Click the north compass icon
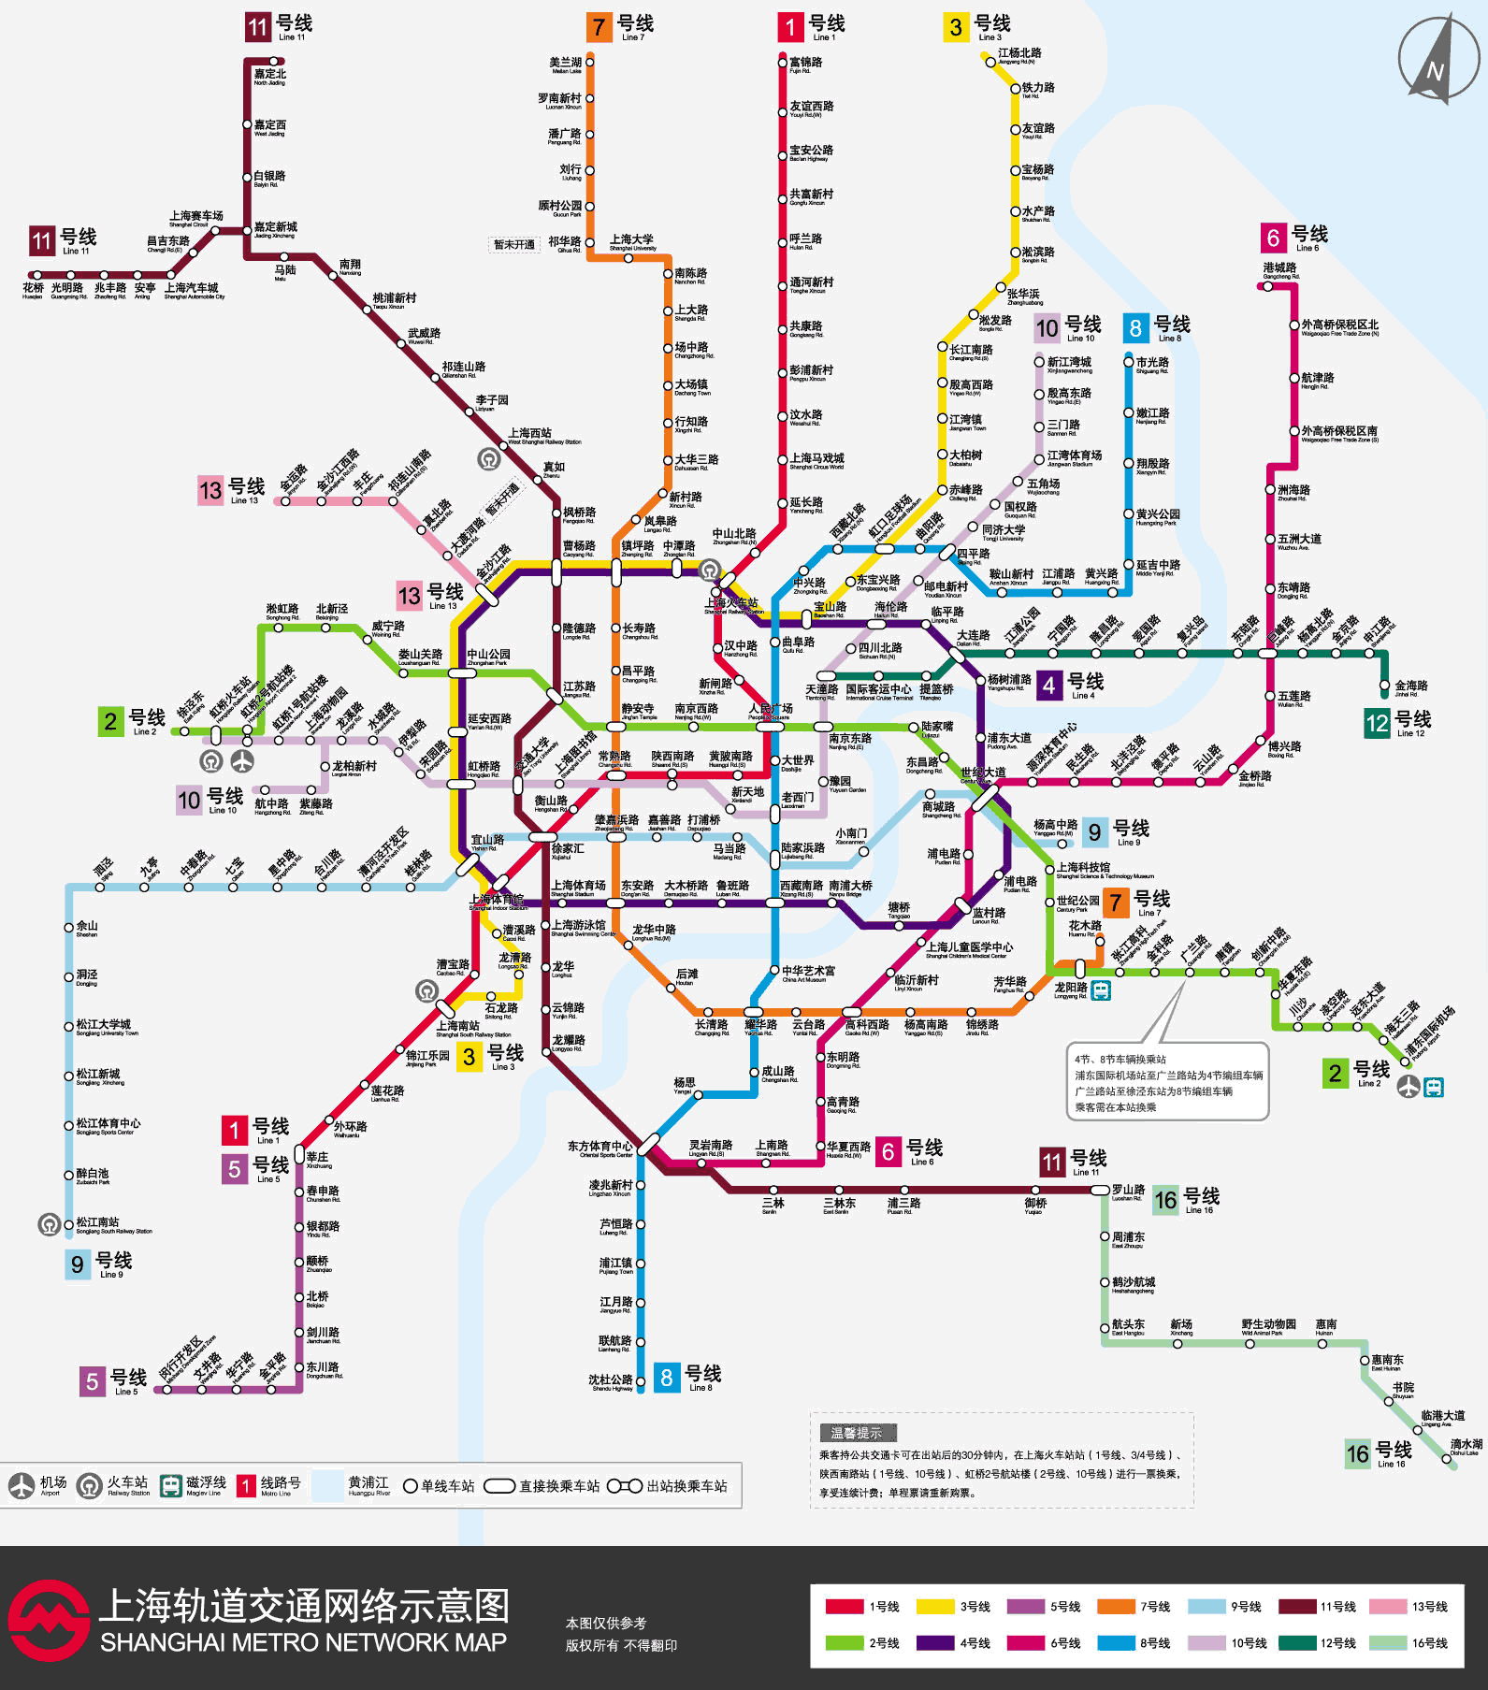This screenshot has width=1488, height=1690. click(1437, 58)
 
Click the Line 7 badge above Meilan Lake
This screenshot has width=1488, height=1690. click(600, 27)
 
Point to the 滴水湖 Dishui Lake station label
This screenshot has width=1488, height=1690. click(1466, 1446)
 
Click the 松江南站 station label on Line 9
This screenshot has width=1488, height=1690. click(98, 1223)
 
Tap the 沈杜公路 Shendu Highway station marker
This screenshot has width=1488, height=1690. click(641, 1380)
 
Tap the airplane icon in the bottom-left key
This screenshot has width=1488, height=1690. click(22, 1485)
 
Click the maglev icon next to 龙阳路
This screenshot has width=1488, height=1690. click(1102, 989)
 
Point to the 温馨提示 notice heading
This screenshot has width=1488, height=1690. click(858, 1432)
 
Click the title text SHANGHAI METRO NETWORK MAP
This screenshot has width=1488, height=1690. click(303, 1642)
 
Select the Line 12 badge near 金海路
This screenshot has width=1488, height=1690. click(1377, 723)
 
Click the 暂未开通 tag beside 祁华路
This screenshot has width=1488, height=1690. click(513, 245)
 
